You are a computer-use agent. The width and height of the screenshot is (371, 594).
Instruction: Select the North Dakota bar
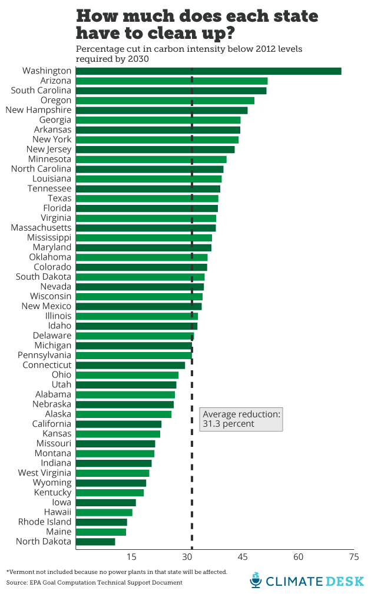(x=95, y=542)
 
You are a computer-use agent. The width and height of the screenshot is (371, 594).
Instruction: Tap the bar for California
(x=118, y=424)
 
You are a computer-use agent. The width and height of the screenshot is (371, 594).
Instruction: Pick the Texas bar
(x=147, y=198)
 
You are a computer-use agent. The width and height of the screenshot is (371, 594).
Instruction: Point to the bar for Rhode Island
(x=101, y=522)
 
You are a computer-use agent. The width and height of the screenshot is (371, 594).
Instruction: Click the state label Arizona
(x=55, y=81)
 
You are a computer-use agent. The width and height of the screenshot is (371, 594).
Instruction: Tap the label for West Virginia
(x=44, y=473)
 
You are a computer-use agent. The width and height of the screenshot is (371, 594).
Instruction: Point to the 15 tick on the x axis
(x=131, y=557)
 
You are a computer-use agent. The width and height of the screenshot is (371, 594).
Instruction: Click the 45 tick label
(x=243, y=557)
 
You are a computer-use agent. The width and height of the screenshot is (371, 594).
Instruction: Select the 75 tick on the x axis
(x=354, y=557)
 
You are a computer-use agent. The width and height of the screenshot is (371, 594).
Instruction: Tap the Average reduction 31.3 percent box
(x=241, y=419)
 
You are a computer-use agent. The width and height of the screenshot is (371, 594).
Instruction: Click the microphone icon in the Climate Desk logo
(x=255, y=580)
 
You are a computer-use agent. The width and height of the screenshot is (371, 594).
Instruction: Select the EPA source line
(x=94, y=582)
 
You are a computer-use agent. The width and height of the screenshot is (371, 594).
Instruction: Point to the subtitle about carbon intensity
(x=188, y=53)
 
